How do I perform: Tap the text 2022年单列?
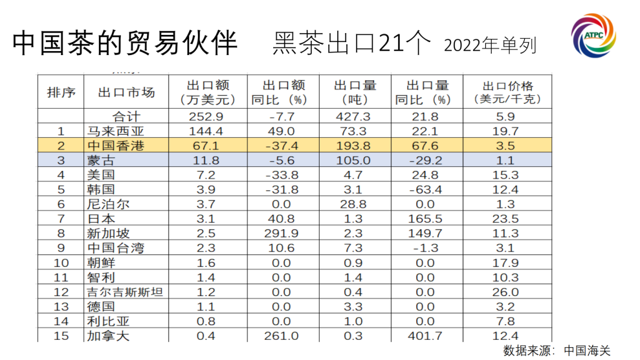[x=490, y=45]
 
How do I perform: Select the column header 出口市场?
[x=126, y=93]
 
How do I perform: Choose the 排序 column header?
[x=61, y=93]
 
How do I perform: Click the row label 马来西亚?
[x=110, y=131]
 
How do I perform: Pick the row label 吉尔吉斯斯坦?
[x=124, y=292]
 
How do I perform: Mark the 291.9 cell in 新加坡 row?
[x=281, y=234]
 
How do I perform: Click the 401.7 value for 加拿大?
[x=425, y=335]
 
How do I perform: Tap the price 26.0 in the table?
[x=505, y=292]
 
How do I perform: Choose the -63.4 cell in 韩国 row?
[x=425, y=190]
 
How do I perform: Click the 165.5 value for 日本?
[x=425, y=219]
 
